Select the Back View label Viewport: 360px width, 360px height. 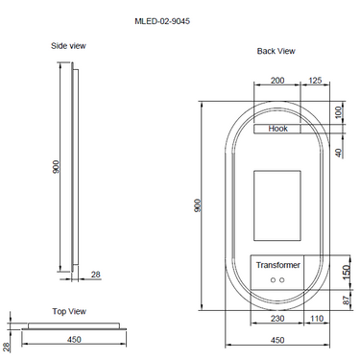pyautogui.click(x=276, y=50)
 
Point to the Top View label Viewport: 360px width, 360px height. pyautogui.click(x=69, y=311)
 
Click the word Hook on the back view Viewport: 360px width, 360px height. pyautogui.click(x=278, y=128)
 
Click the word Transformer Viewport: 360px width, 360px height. pyautogui.click(x=278, y=264)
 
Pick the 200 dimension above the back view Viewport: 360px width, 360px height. pyautogui.click(x=277, y=82)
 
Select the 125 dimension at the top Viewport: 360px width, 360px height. pyautogui.click(x=315, y=82)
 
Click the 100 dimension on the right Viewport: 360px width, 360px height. pyautogui.click(x=338, y=111)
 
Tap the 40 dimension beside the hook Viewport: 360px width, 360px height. pyautogui.click(x=338, y=153)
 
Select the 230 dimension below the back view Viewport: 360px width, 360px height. pyautogui.click(x=278, y=318)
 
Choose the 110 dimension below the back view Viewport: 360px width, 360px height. pyautogui.click(x=316, y=318)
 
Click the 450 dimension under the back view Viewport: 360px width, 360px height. pyautogui.click(x=278, y=338)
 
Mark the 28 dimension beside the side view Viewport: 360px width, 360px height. pyautogui.click(x=95, y=276)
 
